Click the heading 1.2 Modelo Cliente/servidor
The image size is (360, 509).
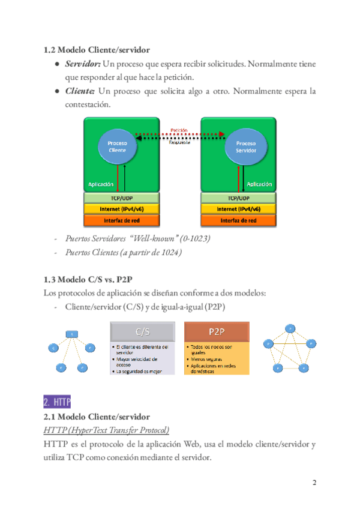click(97, 49)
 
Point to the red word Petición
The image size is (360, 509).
click(179, 130)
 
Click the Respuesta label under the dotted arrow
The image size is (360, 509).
click(179, 143)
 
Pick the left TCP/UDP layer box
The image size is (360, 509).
click(122, 197)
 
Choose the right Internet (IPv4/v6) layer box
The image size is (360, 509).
click(238, 209)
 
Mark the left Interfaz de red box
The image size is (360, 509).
click(122, 220)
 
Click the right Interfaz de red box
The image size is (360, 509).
click(238, 220)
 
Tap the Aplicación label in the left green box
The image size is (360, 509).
click(101, 184)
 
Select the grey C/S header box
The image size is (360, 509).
click(143, 331)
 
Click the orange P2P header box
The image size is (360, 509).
click(217, 331)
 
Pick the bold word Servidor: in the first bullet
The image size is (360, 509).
click(82, 64)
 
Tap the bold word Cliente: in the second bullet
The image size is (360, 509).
click(80, 91)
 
